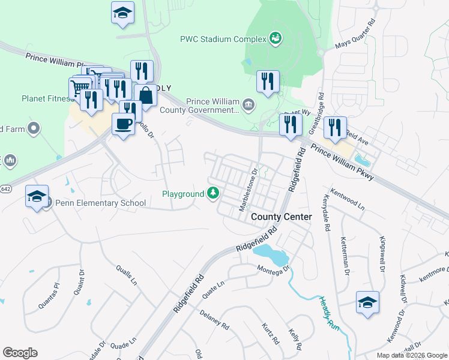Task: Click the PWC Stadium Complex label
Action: point(223,39)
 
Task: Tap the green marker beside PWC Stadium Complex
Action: point(276,38)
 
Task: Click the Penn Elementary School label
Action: point(100,203)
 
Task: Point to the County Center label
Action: point(282,217)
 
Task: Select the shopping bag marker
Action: point(146,95)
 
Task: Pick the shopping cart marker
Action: point(79,88)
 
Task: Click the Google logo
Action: point(20,353)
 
